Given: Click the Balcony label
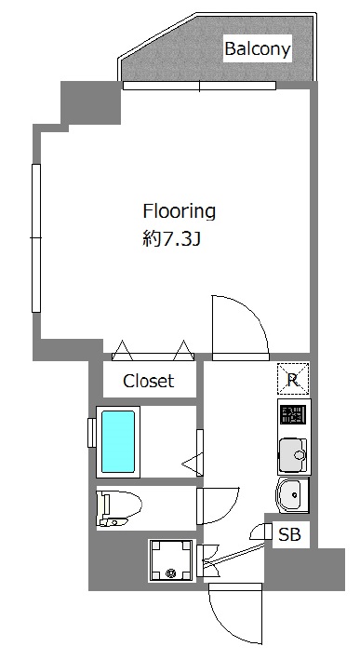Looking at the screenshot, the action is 258,48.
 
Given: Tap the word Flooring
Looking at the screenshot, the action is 180,211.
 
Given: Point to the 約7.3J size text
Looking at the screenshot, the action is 171,240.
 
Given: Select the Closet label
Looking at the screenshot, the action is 149,381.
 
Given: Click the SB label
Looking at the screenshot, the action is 289,534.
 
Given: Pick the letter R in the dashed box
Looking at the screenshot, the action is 293,381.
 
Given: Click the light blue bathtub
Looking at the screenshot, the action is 118,441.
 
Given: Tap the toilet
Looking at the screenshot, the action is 119,508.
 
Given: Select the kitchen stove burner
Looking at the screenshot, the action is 293,415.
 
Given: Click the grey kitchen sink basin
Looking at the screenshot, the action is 293,455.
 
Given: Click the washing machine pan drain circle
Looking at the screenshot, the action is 171,572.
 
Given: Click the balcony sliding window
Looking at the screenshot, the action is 199,86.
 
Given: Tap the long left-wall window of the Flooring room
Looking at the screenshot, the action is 36,238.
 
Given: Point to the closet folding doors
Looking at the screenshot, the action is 153,351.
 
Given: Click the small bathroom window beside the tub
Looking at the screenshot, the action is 91,433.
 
